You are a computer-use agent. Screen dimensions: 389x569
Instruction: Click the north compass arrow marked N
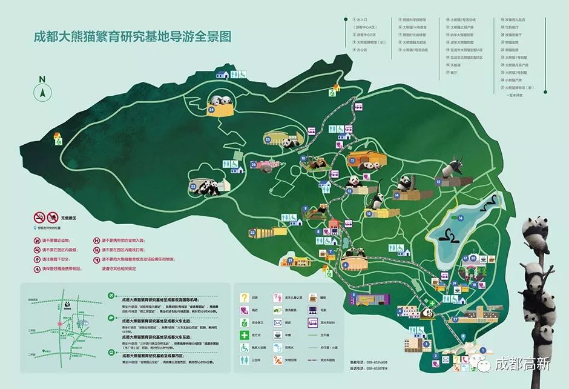click(42, 91)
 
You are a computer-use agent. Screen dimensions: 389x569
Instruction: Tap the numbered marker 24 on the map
click(212, 110)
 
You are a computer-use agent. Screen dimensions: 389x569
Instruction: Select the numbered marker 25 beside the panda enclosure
click(267, 139)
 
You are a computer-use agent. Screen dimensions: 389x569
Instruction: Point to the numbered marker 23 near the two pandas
click(193, 186)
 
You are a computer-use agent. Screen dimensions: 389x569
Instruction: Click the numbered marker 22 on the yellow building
click(252, 232)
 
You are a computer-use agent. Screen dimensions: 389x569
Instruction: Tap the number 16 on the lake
click(461, 217)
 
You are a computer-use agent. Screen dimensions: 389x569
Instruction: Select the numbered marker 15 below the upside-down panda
click(438, 181)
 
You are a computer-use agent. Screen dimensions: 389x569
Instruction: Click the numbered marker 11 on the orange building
click(352, 160)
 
